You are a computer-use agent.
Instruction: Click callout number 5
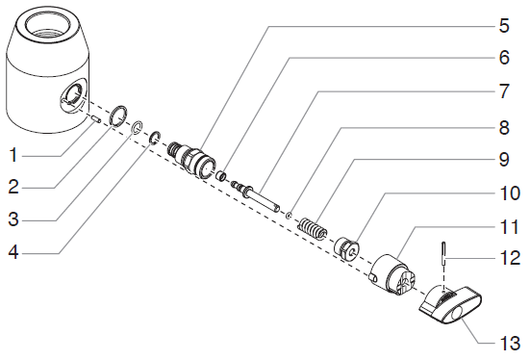coord(504,26)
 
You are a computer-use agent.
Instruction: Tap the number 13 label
coord(510,343)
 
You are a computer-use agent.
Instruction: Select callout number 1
coord(13,155)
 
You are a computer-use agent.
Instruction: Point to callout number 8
coord(504,128)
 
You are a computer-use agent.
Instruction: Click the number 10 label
coord(510,193)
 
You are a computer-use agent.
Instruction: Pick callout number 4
coord(13,252)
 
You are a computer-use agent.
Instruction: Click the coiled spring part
coord(313,229)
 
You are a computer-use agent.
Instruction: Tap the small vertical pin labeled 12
coord(443,253)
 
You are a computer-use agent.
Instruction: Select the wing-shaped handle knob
coord(450,305)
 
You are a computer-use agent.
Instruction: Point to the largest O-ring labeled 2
coord(118,116)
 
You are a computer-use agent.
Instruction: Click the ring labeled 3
coord(137,127)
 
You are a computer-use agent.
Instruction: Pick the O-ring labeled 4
coord(155,138)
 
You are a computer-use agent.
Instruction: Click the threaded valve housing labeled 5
coord(191,159)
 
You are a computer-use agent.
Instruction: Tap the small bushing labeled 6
coord(221,176)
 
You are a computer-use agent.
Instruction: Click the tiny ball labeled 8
coord(289,215)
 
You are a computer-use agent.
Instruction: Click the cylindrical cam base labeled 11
coord(392,275)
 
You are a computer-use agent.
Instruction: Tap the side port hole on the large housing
coord(73,94)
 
